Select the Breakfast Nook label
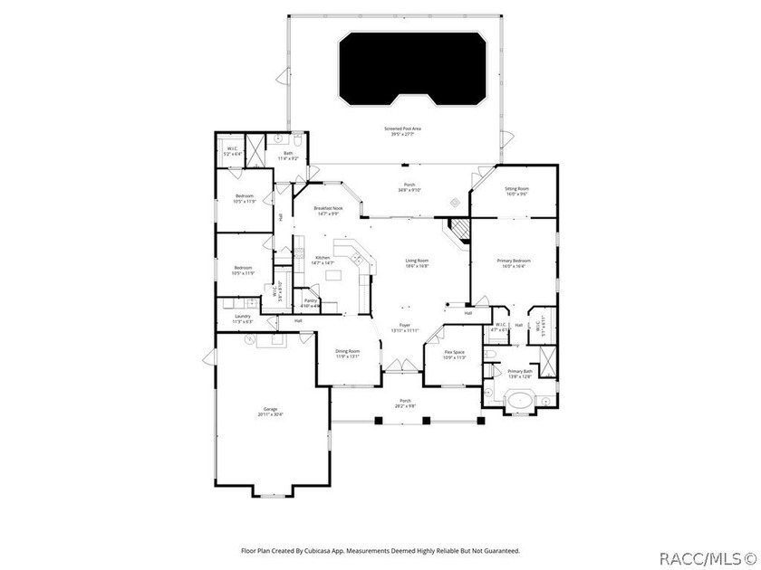[x=328, y=208]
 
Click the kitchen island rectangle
[x=334, y=275]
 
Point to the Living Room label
[x=417, y=260]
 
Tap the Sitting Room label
[x=517, y=188]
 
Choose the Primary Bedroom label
[x=514, y=261]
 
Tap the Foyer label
[x=405, y=326]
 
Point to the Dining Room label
[x=348, y=351]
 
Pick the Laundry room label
[x=243, y=316]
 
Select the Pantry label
[x=310, y=300]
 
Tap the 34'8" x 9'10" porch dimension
[x=409, y=190]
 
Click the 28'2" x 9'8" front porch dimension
[x=405, y=405]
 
